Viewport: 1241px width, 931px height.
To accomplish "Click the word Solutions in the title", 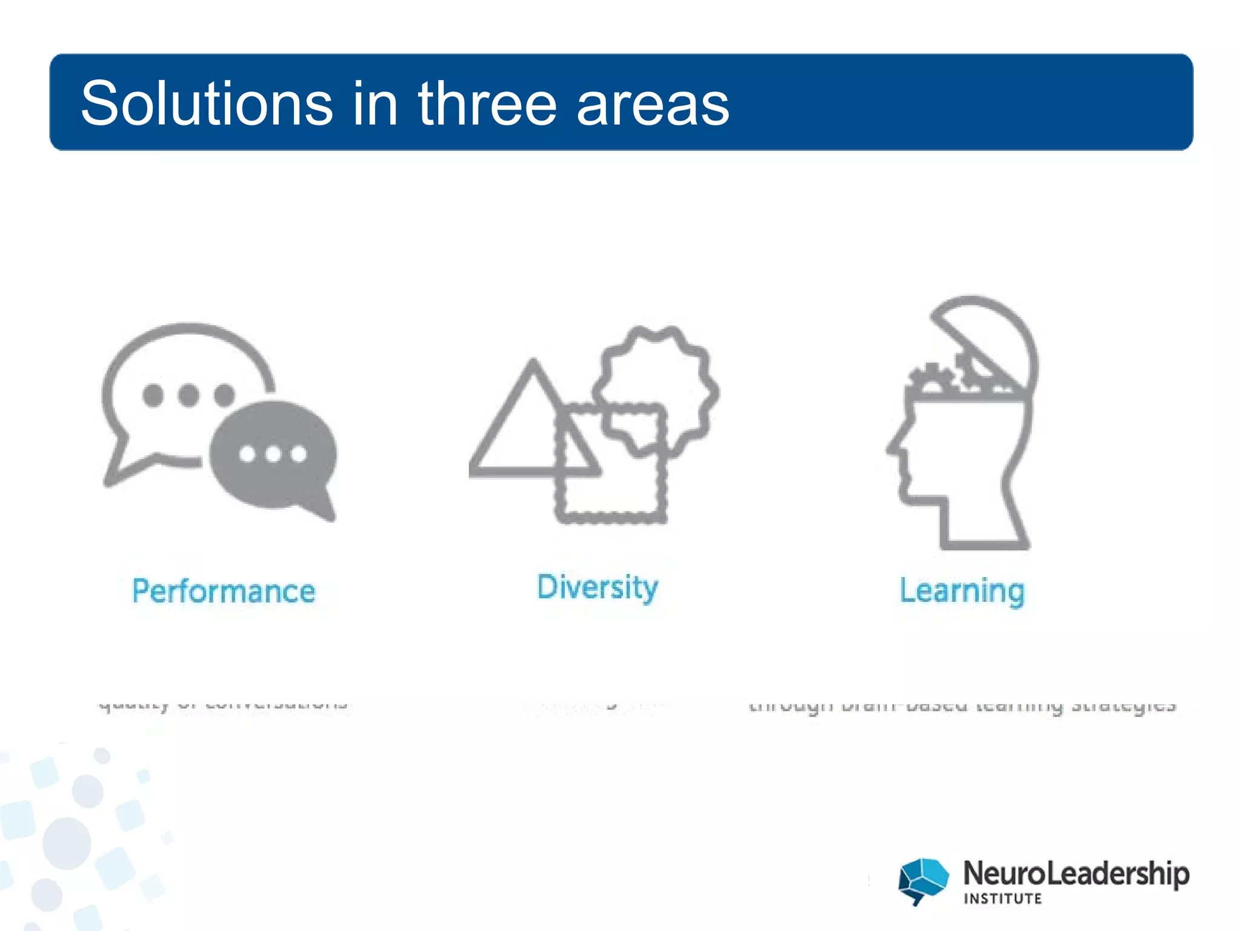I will click(x=206, y=104).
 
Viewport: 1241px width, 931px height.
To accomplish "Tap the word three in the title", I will click(x=487, y=104).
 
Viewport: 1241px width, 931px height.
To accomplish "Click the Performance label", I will click(x=224, y=591).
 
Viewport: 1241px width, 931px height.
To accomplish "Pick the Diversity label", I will click(x=597, y=587).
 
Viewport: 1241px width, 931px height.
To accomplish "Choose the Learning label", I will click(x=962, y=591).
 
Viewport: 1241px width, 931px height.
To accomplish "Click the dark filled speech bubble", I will click(x=273, y=455).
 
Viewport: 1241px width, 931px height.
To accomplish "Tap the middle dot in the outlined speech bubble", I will click(x=188, y=395).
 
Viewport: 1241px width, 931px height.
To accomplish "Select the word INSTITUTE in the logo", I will click(x=1002, y=899).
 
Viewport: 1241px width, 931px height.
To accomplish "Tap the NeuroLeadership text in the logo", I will click(x=1076, y=873).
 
